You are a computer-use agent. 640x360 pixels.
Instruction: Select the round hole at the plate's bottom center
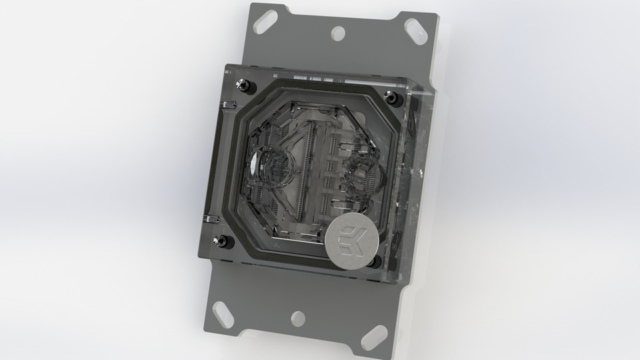click(298, 317)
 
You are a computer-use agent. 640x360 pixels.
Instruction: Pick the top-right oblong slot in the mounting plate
click(416, 31)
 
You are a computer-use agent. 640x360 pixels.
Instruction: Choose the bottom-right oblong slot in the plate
click(372, 335)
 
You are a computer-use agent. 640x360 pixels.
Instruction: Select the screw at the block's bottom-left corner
click(219, 241)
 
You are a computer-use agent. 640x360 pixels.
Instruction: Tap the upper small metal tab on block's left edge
click(227, 105)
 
